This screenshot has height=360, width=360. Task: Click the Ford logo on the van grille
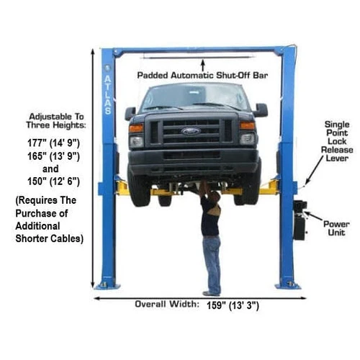click(x=191, y=131)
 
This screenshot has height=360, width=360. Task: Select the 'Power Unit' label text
click(x=336, y=228)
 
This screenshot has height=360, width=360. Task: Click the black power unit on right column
click(x=300, y=220)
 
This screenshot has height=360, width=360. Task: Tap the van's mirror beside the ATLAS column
click(x=130, y=113)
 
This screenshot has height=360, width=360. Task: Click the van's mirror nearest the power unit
click(x=260, y=109)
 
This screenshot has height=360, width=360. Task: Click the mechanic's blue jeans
click(x=211, y=263)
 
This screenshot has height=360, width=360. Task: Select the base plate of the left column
click(x=107, y=286)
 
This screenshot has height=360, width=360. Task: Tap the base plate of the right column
click(x=287, y=285)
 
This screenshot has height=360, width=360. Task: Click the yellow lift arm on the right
click(x=268, y=189)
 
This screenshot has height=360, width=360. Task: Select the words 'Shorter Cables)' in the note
click(x=49, y=239)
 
